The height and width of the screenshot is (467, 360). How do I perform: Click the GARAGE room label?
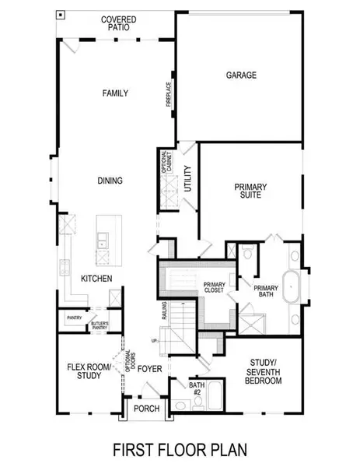click(241, 75)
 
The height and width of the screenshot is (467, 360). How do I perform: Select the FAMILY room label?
click(115, 93)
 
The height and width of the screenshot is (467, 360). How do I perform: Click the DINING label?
click(110, 181)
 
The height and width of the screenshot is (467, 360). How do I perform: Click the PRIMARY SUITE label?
click(251, 191)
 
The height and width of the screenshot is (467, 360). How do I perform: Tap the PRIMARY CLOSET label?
click(214, 288)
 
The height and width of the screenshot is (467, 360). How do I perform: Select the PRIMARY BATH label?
click(266, 291)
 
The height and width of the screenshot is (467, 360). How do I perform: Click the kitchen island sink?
click(102, 243)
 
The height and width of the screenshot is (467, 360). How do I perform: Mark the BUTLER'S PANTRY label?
click(101, 325)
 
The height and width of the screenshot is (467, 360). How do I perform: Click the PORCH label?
click(146, 409)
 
